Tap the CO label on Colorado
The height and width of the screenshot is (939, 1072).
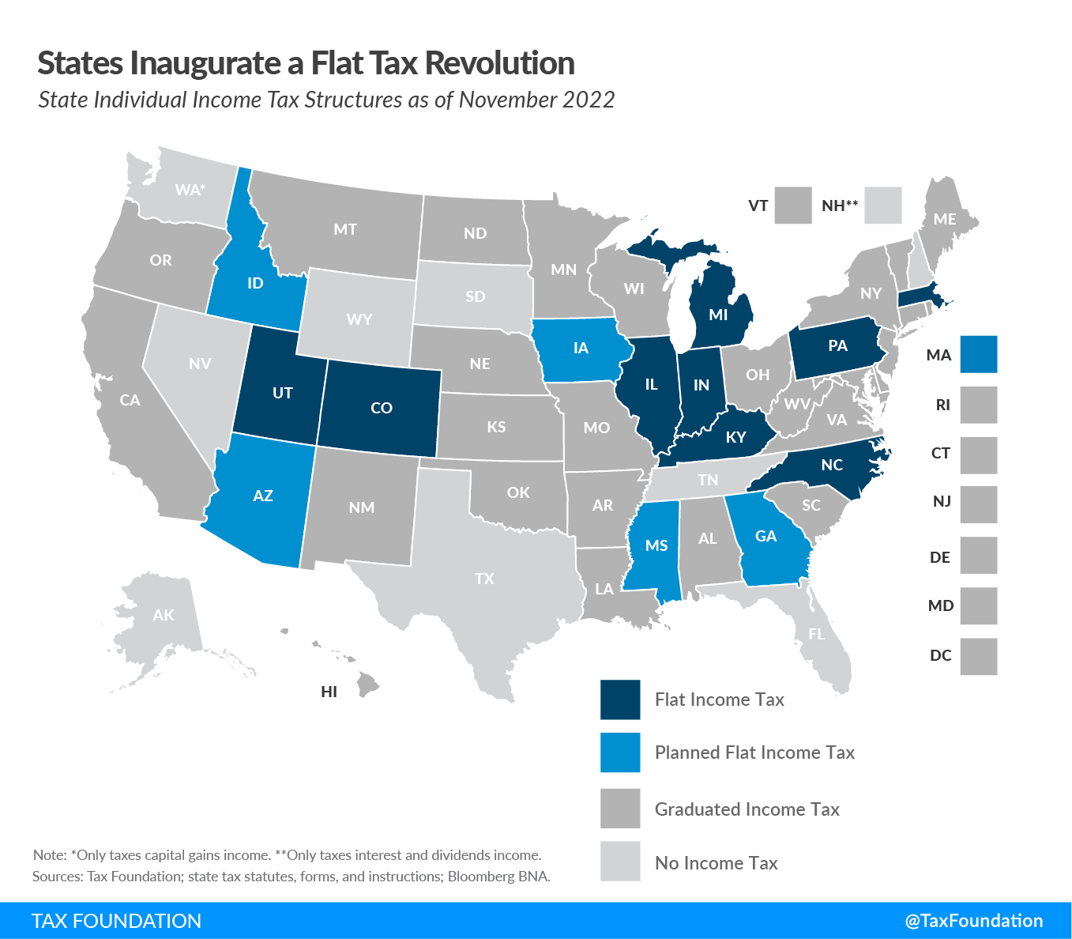(382, 408)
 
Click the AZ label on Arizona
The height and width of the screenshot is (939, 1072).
(263, 496)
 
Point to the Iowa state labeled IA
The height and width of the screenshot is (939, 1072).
(581, 349)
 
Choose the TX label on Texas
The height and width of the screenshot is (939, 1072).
(484, 579)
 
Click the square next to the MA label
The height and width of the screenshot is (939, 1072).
(979, 354)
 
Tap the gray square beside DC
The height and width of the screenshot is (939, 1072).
(979, 656)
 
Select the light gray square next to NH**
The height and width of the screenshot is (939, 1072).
(882, 206)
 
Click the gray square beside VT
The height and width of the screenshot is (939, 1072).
(793, 206)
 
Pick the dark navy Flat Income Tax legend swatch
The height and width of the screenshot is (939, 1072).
(620, 700)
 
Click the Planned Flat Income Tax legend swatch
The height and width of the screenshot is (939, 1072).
(620, 752)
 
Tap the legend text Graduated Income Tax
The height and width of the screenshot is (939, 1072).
(747, 809)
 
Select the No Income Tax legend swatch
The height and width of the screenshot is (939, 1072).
(620, 862)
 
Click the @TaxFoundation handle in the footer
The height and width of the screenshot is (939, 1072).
(973, 921)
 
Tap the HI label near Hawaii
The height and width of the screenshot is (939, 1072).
(329, 692)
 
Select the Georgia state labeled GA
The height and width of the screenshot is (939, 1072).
(768, 541)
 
